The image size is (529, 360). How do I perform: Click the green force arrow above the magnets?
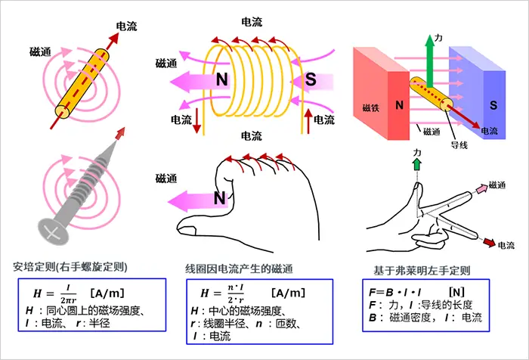(x=428, y=57)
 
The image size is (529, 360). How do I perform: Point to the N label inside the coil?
(x=222, y=79)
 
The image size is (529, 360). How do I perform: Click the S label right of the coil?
(x=311, y=79)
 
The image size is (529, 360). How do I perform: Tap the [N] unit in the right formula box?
(x=456, y=290)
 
